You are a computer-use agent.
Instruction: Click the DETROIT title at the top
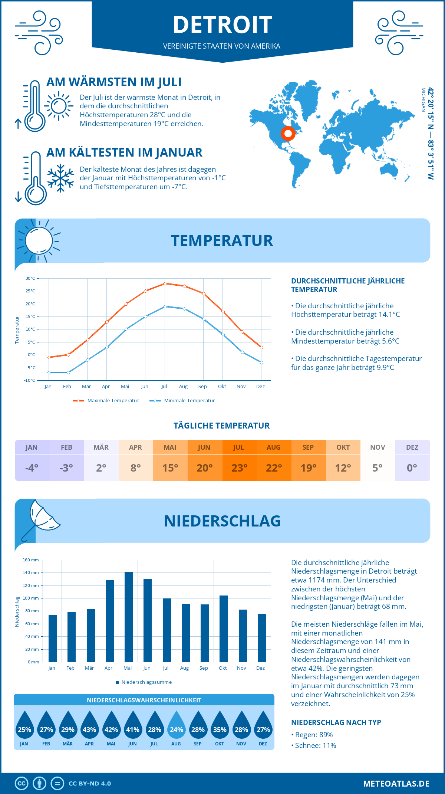(222, 25)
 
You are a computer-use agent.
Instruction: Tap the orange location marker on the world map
(288, 133)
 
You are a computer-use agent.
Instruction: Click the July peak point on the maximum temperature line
(165, 283)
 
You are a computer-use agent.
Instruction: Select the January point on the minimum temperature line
(49, 373)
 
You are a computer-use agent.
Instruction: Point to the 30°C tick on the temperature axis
(31, 278)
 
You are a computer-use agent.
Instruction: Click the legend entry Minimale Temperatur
(182, 401)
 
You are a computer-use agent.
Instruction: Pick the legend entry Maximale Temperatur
(106, 401)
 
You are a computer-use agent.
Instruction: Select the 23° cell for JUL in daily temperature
(239, 468)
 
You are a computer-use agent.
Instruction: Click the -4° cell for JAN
(32, 468)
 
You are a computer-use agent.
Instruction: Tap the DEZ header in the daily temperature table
(412, 447)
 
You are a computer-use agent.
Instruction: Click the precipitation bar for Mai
(129, 617)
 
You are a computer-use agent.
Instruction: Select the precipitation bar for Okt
(224, 629)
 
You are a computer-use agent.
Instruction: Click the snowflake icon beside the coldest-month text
(60, 178)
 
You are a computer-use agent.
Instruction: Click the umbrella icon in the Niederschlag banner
(41, 519)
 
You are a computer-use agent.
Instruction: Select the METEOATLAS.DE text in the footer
(396, 784)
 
